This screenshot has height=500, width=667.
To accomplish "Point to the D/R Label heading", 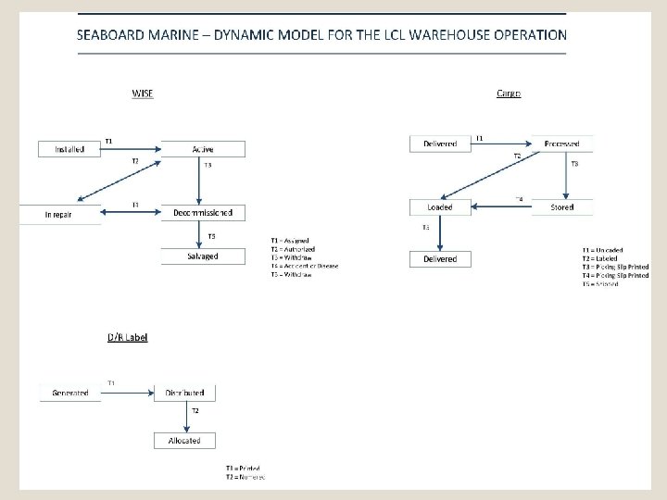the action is coord(127,337).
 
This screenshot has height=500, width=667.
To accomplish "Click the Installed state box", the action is coord(69,148).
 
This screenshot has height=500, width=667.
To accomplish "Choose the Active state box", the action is coord(203,148).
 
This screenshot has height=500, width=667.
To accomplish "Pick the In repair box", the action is coord(58,213).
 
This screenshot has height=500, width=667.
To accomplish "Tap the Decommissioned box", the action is coord(203,213).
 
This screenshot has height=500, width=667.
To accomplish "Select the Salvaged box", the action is coord(203,256).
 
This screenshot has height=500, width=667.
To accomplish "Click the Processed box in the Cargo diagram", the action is coord(562,144).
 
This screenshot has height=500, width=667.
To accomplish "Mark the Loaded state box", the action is coord(440,206).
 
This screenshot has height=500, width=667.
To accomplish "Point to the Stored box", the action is coord(562,206).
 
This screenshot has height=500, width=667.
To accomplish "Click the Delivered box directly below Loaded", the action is coord(440,259).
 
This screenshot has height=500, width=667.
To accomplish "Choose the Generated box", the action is coord(69,393).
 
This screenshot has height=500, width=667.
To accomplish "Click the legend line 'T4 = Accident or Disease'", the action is coord(305,266).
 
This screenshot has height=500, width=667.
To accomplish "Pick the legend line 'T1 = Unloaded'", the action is coord(603,250).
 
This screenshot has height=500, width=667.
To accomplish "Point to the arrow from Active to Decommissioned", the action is coord(203,181).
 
